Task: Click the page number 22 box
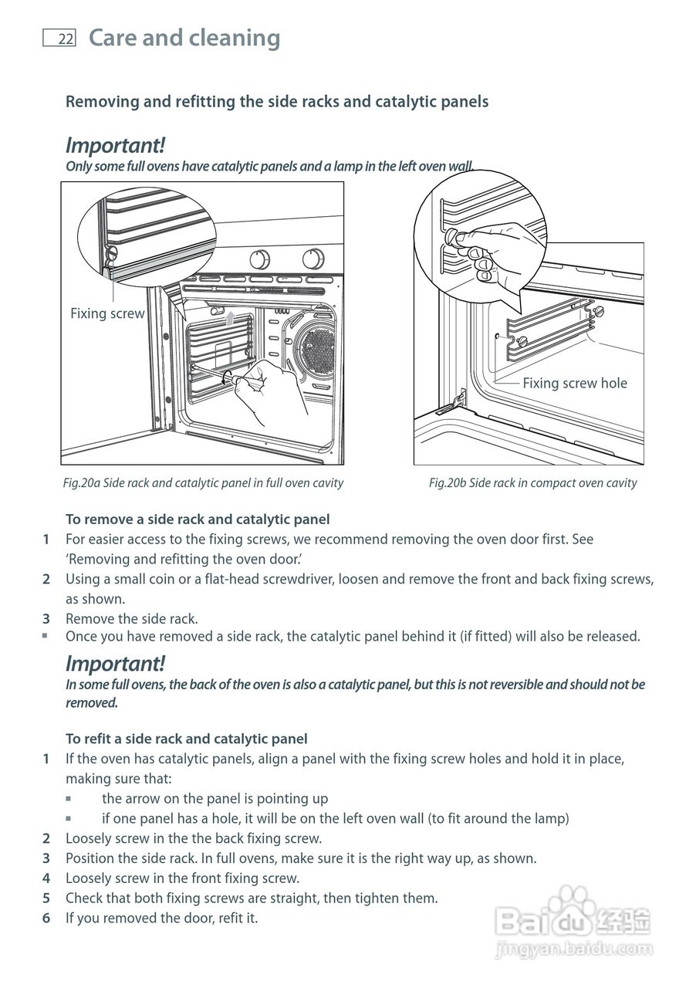tap(59, 39)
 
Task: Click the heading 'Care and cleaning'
tap(184, 38)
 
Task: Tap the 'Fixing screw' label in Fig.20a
tap(107, 313)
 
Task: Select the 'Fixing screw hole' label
tap(575, 383)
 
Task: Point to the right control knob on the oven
tap(313, 258)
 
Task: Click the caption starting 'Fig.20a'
tap(203, 483)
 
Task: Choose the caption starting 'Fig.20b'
tap(532, 483)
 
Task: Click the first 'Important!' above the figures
tap(115, 145)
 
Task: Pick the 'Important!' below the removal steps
tap(115, 663)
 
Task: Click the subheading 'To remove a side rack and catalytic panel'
tap(198, 519)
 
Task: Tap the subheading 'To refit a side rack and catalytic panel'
tap(186, 739)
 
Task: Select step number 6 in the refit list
tap(46, 918)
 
